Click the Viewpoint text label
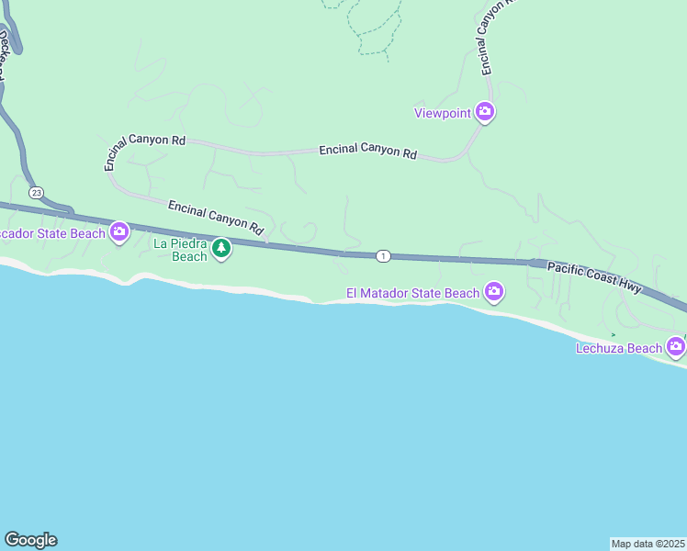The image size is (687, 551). click(x=442, y=113)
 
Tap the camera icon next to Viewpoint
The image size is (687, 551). click(x=486, y=113)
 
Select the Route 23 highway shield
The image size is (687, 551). click(x=36, y=192)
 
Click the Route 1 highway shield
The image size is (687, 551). click(x=383, y=255)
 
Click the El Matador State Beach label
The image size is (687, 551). click(x=412, y=293)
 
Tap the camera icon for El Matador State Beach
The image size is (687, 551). click(x=494, y=292)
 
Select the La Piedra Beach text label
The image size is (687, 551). click(x=181, y=250)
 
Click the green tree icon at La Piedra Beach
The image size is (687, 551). click(x=221, y=248)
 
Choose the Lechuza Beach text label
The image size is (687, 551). click(x=618, y=348)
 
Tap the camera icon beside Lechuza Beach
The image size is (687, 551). click(x=676, y=347)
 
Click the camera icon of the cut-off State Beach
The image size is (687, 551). click(x=118, y=232)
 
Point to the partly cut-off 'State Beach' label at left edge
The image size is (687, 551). click(x=51, y=233)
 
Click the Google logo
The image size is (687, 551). click(x=30, y=540)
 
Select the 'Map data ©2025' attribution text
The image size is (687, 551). click(x=648, y=543)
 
